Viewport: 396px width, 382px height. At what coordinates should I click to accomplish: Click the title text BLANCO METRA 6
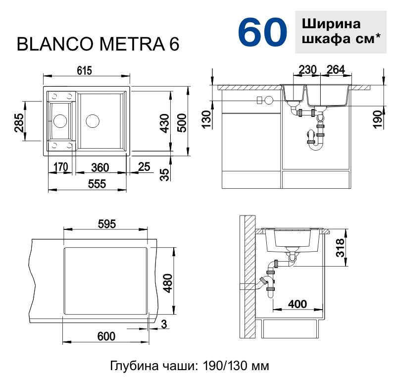98,44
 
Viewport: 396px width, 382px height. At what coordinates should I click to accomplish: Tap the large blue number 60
262,33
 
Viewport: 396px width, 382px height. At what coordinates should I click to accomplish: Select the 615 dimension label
85,70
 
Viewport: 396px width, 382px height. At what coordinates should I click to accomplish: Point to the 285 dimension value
18,123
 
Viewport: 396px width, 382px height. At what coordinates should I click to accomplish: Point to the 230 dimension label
307,70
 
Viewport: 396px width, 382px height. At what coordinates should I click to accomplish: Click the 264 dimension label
336,70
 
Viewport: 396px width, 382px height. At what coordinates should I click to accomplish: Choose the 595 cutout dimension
106,223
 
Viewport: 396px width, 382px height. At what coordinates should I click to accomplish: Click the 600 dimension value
106,336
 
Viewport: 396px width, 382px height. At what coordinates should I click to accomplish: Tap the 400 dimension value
297,303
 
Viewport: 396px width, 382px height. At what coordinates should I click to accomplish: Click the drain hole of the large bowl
93,120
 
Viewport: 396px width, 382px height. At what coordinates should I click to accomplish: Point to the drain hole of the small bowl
60,120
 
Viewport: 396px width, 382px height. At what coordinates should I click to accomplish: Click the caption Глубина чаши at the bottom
190,366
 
